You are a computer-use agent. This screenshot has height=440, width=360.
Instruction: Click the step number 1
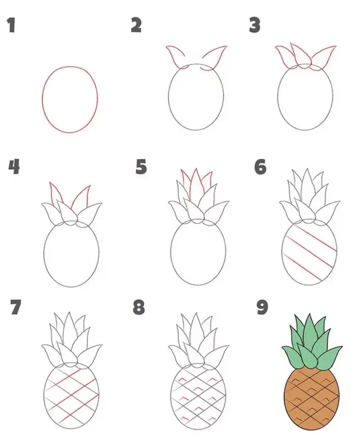pos(11,25)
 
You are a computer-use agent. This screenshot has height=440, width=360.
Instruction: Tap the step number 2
pos(136,25)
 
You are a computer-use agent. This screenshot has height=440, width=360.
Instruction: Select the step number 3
pos(254,25)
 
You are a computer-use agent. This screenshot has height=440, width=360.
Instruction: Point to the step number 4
pos(14,167)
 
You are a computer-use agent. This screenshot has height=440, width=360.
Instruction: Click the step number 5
pos(141,167)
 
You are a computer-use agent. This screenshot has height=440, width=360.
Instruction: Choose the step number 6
pos(261,167)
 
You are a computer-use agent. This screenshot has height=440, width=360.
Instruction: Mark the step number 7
pos(15,307)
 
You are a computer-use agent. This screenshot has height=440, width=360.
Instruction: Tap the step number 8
pos(139,307)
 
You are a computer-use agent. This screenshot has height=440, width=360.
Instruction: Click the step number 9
pos(262,307)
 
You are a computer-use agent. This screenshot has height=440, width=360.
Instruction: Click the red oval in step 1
pos(43,100)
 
